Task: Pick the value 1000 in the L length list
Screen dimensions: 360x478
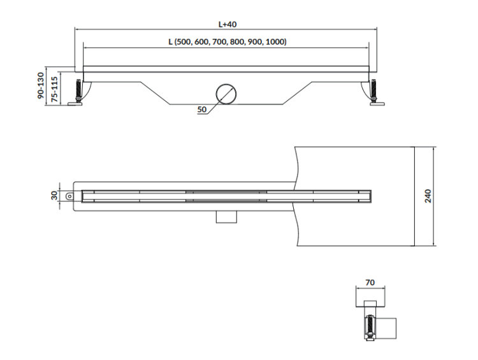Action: tap(275, 42)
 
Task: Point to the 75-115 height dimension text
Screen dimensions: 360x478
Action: tap(55, 90)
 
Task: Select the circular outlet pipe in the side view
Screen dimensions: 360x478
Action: tap(225, 94)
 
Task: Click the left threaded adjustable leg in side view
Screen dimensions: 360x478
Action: tap(80, 91)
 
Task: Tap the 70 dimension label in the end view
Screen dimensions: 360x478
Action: tap(370, 282)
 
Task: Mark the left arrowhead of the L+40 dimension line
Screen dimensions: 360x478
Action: tap(78, 29)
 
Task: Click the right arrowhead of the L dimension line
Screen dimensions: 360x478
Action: tap(366, 47)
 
